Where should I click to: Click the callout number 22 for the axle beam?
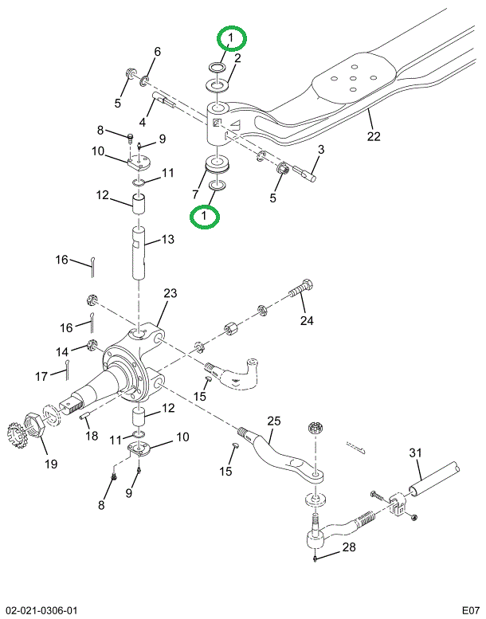click(374, 135)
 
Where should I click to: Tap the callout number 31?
click(414, 453)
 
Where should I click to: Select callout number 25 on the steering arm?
click(273, 421)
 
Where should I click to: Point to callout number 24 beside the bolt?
click(308, 321)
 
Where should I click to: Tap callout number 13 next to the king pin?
click(167, 239)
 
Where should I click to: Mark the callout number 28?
click(348, 548)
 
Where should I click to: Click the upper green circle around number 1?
click(230, 38)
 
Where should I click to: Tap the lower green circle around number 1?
click(206, 215)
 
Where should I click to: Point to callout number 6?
click(157, 52)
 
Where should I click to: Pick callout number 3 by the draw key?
click(321, 149)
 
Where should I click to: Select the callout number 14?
click(62, 351)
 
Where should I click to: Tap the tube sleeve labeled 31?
click(434, 477)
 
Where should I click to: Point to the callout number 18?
click(92, 436)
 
